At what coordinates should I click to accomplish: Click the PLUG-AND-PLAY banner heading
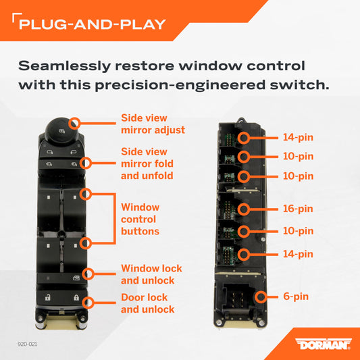click(93, 24)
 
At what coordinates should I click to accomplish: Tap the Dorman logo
click(324, 344)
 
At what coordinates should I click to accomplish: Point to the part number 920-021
click(27, 344)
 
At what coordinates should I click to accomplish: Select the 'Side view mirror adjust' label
click(153, 124)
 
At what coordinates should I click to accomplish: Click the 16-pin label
click(298, 209)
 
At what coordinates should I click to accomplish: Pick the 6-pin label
click(296, 297)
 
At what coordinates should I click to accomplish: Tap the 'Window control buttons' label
click(140, 220)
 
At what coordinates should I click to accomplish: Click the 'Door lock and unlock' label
click(148, 303)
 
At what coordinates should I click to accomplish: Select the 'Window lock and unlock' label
click(151, 274)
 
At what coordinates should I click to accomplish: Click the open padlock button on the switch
click(48, 297)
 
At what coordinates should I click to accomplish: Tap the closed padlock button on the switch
click(76, 298)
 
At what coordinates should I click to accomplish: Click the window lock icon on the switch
click(76, 278)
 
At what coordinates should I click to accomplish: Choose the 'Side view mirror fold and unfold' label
click(147, 163)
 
